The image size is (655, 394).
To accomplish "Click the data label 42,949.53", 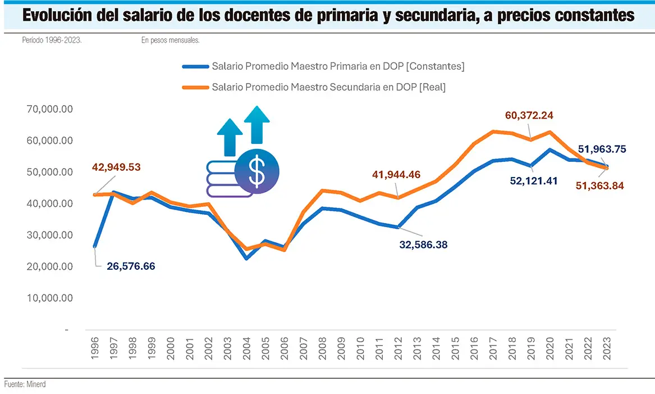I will click(117, 167).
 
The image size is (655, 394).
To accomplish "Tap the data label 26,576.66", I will click(131, 266).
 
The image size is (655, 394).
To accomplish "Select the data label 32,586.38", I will click(423, 244).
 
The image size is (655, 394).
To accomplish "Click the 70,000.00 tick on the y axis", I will click(50, 109).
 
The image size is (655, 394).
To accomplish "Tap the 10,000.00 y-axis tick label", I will click(50, 298).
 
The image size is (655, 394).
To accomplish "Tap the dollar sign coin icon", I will click(257, 173).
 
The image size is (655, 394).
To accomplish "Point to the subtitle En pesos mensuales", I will click(171, 40).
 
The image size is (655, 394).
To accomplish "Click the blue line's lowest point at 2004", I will click(247, 258).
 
